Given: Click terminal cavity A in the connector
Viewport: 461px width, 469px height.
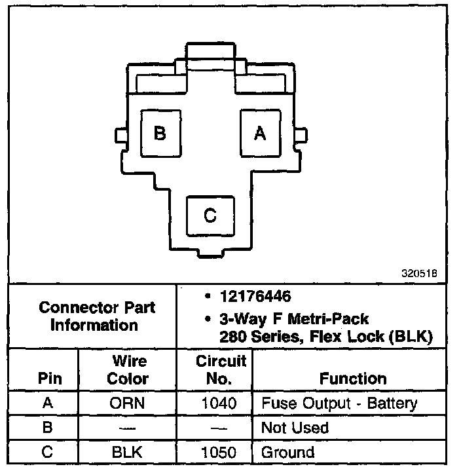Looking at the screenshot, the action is click(259, 133).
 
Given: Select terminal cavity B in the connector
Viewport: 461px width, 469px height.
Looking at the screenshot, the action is click(160, 133).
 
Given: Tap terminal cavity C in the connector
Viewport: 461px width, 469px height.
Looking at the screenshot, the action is click(210, 215).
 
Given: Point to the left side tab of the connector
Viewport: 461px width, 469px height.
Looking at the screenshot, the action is click(121, 136).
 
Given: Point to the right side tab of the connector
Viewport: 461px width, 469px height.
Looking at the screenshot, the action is click(301, 136).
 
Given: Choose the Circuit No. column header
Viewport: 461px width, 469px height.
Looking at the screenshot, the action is click(221, 369).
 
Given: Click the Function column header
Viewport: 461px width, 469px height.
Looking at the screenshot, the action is click(353, 378).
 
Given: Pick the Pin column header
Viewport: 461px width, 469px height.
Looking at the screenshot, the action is click(50, 378).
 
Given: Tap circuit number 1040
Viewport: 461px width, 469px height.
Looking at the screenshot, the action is click(220, 403).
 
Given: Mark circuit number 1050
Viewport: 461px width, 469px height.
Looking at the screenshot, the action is click(220, 451).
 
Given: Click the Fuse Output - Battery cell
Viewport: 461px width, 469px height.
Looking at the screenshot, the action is click(339, 403).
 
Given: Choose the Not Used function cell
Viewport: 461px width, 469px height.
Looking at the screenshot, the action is click(295, 428).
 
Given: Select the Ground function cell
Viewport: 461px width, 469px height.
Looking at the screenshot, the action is click(287, 451).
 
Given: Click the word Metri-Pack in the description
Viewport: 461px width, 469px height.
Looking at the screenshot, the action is click(333, 320).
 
